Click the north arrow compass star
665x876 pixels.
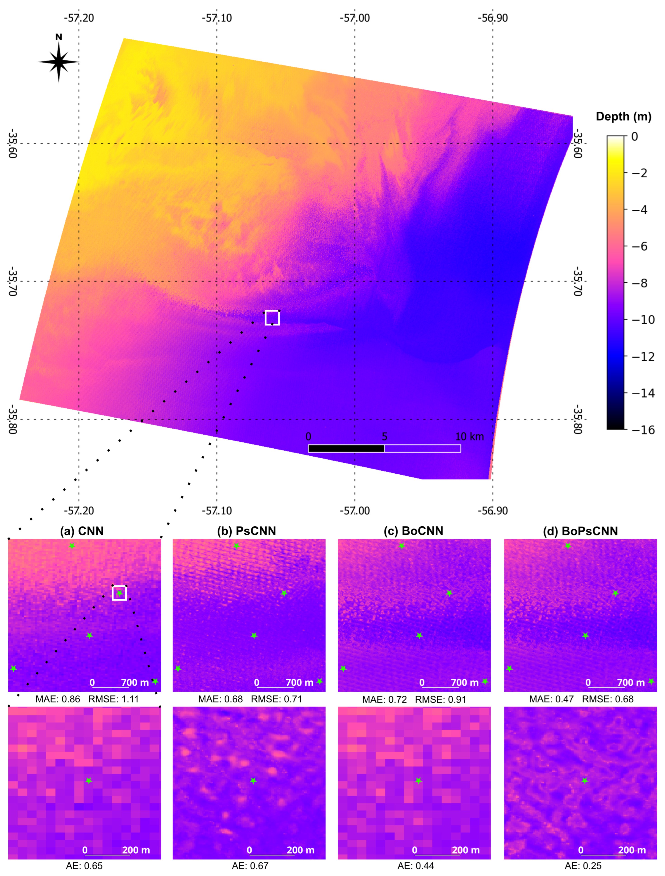[x=59, y=62]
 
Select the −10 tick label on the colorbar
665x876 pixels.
[x=642, y=320]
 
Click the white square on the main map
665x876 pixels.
[x=272, y=318]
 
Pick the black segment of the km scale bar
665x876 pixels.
[x=346, y=448]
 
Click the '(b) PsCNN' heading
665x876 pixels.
[x=246, y=531]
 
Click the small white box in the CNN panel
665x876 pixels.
[x=119, y=593]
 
